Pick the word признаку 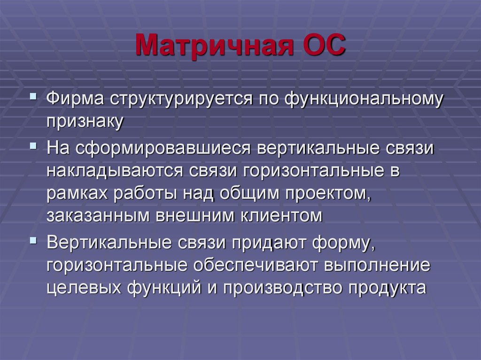coord(85,122)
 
